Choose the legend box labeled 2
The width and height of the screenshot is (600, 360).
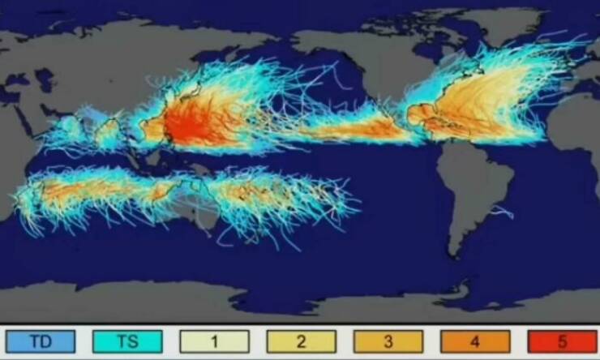click(x=301, y=341)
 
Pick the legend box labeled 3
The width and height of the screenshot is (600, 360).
click(x=388, y=341)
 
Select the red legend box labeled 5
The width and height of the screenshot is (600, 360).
click(x=561, y=341)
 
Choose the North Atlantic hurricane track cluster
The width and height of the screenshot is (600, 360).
click(x=486, y=97)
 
